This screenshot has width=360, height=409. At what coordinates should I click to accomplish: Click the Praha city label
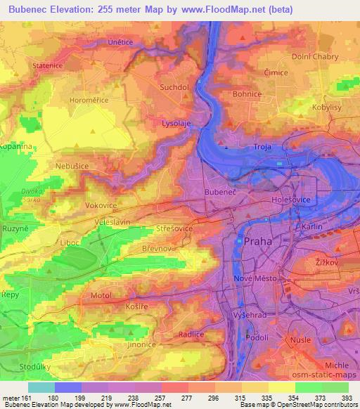click(x=257, y=241)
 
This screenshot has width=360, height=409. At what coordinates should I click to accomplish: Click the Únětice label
click(x=101, y=42)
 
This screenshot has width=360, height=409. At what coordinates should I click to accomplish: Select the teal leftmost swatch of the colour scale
click(x=41, y=387)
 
